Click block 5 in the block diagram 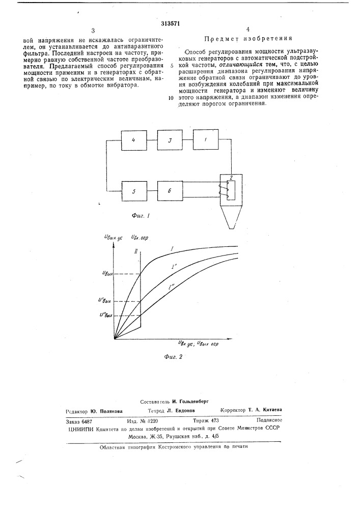[x=133, y=191]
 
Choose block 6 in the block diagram [x=171, y=191]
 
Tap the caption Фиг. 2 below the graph [x=173, y=357]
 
